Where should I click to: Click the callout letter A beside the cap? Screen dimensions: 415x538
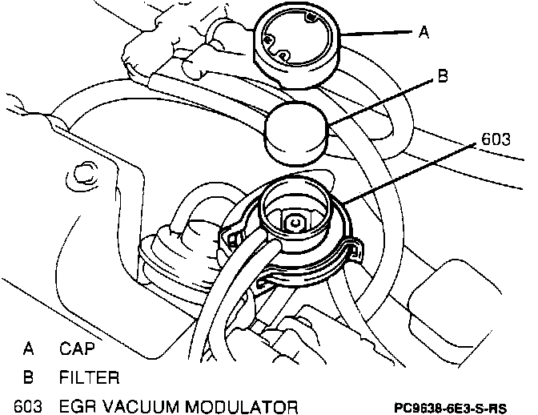point(425,33)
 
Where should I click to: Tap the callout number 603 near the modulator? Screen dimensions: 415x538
point(496,139)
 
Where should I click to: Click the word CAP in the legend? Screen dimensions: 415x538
point(77,349)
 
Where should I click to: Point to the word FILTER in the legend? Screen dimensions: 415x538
point(89,377)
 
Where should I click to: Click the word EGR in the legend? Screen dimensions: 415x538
point(78,404)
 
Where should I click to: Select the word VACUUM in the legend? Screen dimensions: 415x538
point(141,404)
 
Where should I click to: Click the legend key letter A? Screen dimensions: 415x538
point(28,349)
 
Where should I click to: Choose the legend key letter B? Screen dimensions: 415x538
point(28,377)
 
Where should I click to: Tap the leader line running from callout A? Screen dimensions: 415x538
point(380,34)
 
